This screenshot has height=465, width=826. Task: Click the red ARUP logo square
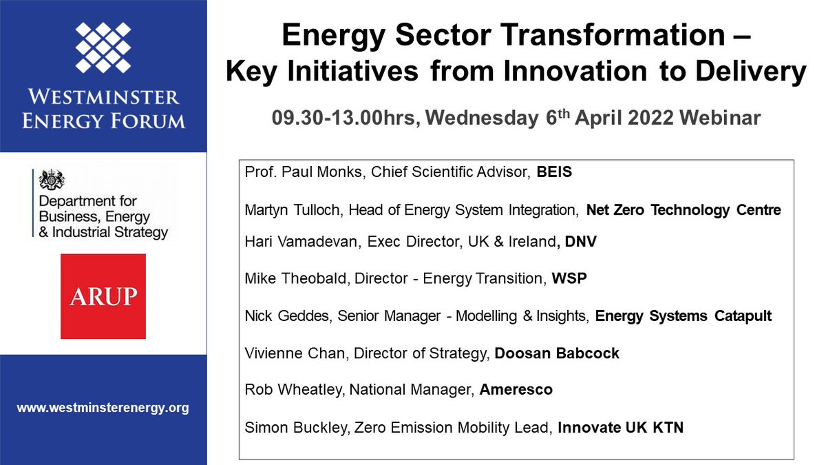click(x=103, y=296)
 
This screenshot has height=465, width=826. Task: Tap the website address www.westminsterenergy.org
click(x=103, y=408)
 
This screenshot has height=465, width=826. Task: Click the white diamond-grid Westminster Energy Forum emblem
click(x=103, y=48)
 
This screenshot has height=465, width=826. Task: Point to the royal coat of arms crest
click(x=52, y=180)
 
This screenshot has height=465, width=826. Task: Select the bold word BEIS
click(x=554, y=172)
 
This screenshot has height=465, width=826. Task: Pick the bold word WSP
click(x=569, y=278)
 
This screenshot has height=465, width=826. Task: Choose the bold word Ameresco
click(x=516, y=390)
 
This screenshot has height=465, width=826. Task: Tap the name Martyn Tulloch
click(x=294, y=210)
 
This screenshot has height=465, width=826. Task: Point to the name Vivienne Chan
click(x=295, y=353)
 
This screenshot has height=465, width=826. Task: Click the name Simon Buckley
click(x=296, y=428)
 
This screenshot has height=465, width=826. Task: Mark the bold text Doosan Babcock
click(x=557, y=353)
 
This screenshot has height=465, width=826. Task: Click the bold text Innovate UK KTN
click(x=621, y=428)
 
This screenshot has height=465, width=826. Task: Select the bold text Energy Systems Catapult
click(x=684, y=316)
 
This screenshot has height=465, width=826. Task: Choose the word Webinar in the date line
click(x=720, y=118)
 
